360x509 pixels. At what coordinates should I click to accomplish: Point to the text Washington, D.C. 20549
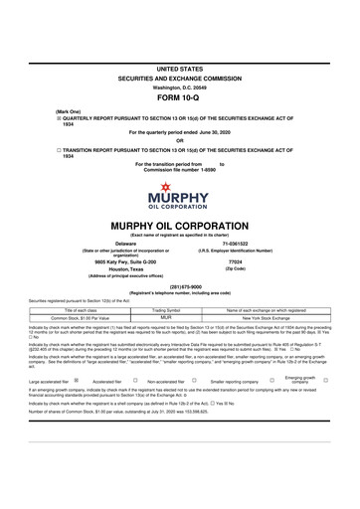(x=180, y=85)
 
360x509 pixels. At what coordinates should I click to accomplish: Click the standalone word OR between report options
(x=180, y=139)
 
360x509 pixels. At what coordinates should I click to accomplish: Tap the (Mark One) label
(x=41, y=111)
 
